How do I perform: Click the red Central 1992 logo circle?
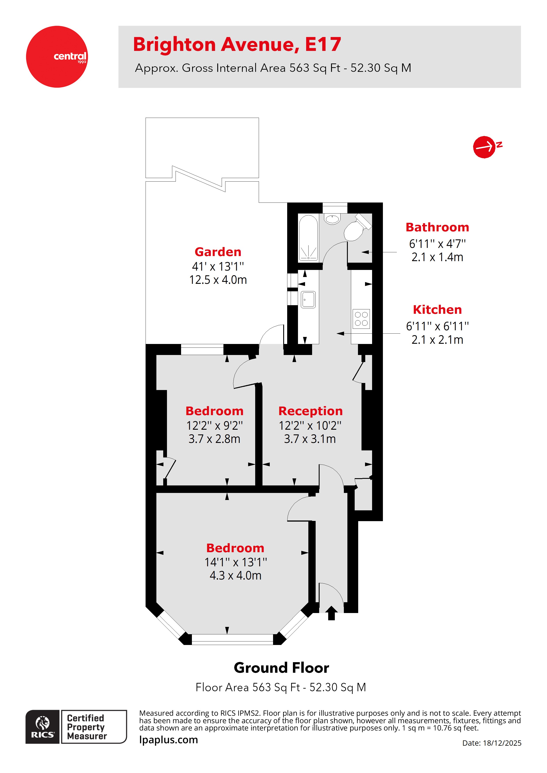[x=57, y=57]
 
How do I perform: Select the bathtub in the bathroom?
[x=308, y=238]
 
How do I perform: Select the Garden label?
[x=218, y=252]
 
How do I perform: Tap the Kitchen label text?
[x=437, y=309]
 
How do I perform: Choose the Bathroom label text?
[x=437, y=227]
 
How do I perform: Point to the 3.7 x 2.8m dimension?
[x=214, y=439]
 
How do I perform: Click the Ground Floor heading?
[x=281, y=668]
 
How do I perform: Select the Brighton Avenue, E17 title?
[x=237, y=45]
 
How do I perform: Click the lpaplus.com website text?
[x=169, y=740]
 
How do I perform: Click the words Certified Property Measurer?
[x=86, y=727]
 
